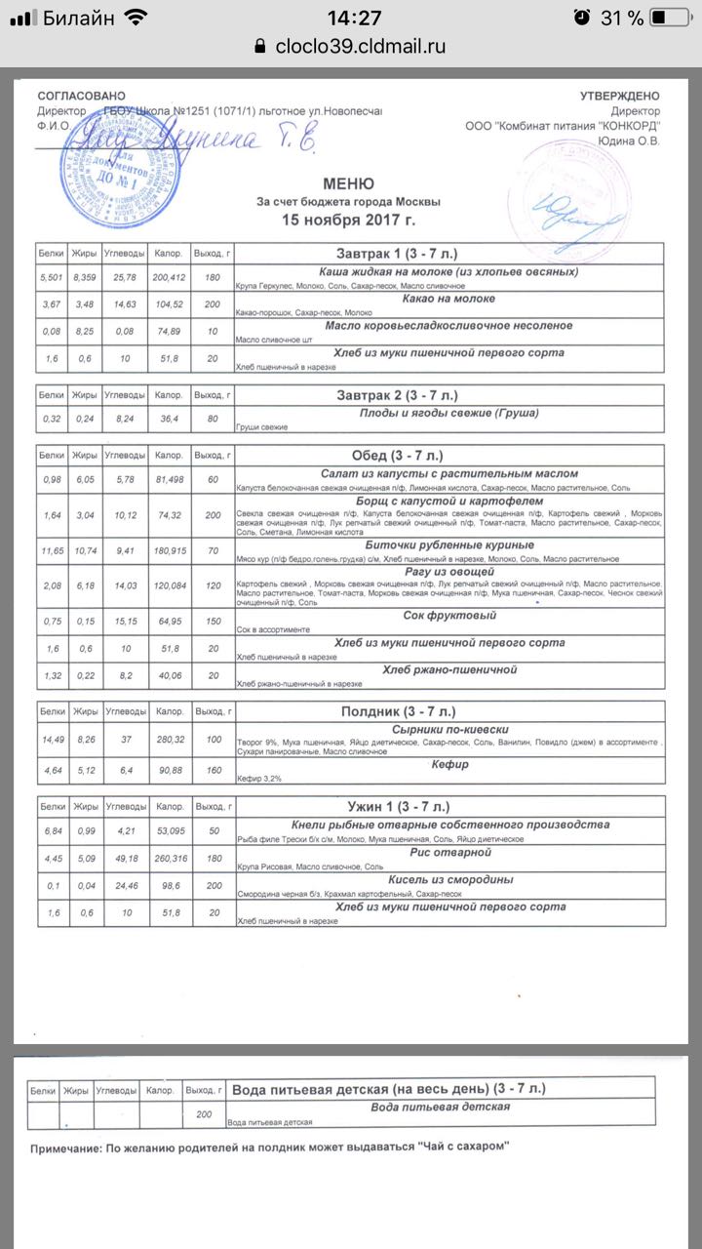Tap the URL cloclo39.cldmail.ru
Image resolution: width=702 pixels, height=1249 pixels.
[x=360, y=45]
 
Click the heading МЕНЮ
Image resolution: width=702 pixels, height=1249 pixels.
[x=348, y=183]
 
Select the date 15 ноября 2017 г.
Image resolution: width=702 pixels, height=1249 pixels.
[x=348, y=220]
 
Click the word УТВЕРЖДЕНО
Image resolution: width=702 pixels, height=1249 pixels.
[x=619, y=96]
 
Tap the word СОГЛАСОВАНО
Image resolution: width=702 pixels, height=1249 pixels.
[x=82, y=96]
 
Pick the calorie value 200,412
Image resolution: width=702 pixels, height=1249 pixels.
[x=168, y=278]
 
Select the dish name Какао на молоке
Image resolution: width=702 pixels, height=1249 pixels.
[x=448, y=299]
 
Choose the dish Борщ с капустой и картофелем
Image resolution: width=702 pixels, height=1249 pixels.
[x=449, y=499]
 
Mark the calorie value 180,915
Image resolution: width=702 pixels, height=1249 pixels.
[x=169, y=551]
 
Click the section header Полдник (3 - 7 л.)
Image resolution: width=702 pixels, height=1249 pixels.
[x=395, y=711]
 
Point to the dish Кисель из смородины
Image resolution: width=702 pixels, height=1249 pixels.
[x=449, y=879]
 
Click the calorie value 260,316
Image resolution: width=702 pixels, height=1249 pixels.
[x=169, y=859]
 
